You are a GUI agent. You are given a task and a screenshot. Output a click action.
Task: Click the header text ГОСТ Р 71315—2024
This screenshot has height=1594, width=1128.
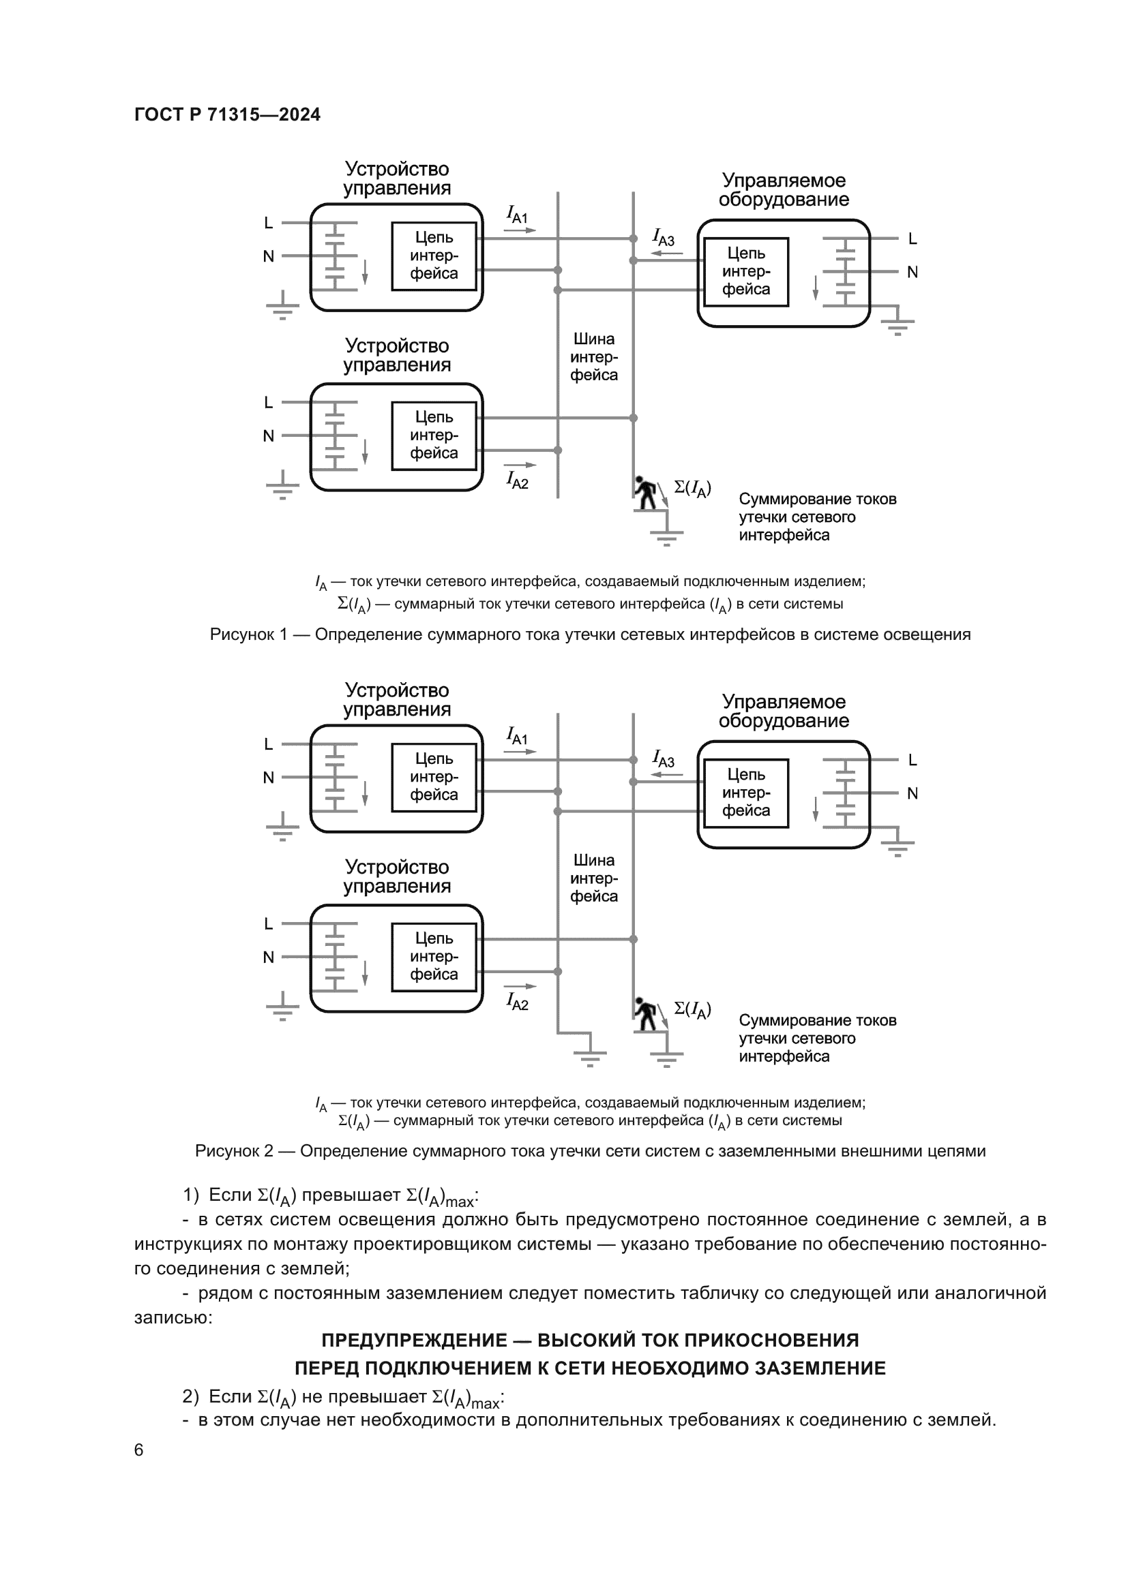227,114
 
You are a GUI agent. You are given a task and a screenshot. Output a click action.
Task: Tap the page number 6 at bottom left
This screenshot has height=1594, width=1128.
138,1450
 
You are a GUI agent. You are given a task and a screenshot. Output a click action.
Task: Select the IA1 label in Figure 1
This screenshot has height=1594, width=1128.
518,215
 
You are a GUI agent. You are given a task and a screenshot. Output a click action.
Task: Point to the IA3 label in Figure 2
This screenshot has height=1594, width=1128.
664,758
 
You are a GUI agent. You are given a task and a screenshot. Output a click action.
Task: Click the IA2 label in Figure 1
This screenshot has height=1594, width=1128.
518,480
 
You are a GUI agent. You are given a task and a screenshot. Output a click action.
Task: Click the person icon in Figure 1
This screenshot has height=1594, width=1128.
646,492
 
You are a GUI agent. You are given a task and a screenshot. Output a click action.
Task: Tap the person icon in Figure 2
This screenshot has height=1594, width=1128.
646,1013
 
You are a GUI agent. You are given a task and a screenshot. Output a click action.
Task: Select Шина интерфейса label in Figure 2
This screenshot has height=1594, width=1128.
594,878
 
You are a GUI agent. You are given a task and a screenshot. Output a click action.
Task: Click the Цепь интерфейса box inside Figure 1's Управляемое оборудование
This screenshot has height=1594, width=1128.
746,271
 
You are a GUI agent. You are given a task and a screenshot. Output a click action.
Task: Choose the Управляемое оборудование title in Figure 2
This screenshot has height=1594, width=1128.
784,711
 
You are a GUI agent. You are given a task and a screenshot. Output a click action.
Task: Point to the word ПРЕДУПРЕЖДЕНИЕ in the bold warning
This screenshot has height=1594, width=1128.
414,1340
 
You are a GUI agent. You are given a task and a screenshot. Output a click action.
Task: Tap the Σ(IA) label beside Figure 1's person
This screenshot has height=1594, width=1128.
692,489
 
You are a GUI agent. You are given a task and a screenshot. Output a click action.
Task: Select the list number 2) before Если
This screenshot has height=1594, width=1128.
191,1397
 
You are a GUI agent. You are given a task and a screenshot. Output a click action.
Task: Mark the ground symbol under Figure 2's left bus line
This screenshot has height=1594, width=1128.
590,1054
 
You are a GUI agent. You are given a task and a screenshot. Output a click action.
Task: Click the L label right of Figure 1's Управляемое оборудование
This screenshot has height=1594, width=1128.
912,239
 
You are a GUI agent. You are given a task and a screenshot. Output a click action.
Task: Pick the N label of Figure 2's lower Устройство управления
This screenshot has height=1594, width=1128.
269,957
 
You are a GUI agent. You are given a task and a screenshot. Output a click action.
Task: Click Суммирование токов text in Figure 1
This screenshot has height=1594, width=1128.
818,499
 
